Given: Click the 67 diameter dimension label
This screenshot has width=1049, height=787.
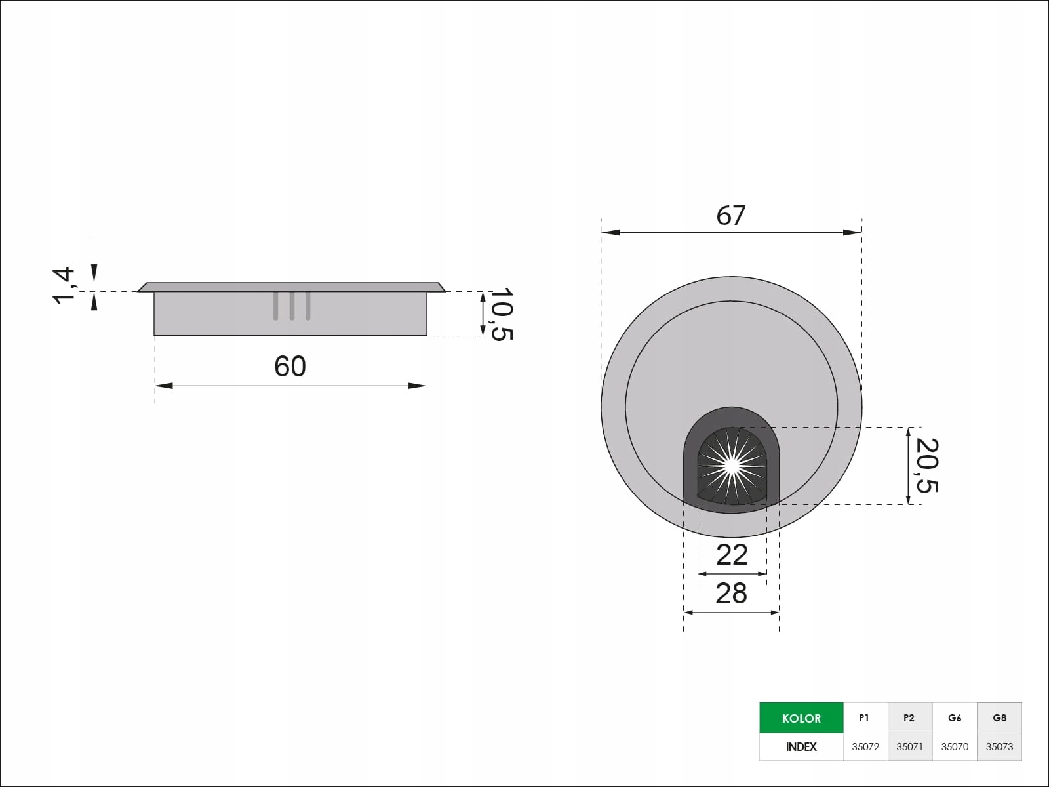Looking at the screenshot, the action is pyautogui.click(x=731, y=216).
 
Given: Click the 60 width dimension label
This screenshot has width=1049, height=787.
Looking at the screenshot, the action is pyautogui.click(x=290, y=367).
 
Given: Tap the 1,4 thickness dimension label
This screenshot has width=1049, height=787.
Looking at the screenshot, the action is pyautogui.click(x=64, y=286).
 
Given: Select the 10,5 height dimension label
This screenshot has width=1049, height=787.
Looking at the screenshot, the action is pyautogui.click(x=502, y=314).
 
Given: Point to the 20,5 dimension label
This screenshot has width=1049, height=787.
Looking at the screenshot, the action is pyautogui.click(x=927, y=466).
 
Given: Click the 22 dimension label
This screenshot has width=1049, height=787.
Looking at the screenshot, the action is pyautogui.click(x=732, y=555).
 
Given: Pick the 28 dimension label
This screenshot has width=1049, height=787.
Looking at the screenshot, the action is pyautogui.click(x=731, y=594).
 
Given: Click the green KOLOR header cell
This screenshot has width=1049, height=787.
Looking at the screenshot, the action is pyautogui.click(x=801, y=717).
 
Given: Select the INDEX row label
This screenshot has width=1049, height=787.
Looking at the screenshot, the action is pyautogui.click(x=801, y=747).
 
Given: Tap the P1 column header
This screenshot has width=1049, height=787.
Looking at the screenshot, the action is pyautogui.click(x=864, y=717).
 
